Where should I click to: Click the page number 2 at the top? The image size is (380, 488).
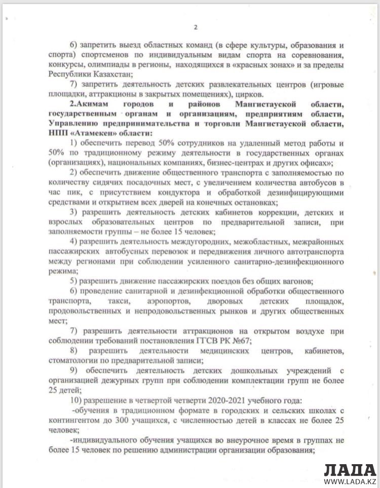(x=196, y=27)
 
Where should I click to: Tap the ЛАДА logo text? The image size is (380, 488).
(x=350, y=469)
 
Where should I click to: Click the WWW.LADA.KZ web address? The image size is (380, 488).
(x=350, y=482)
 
